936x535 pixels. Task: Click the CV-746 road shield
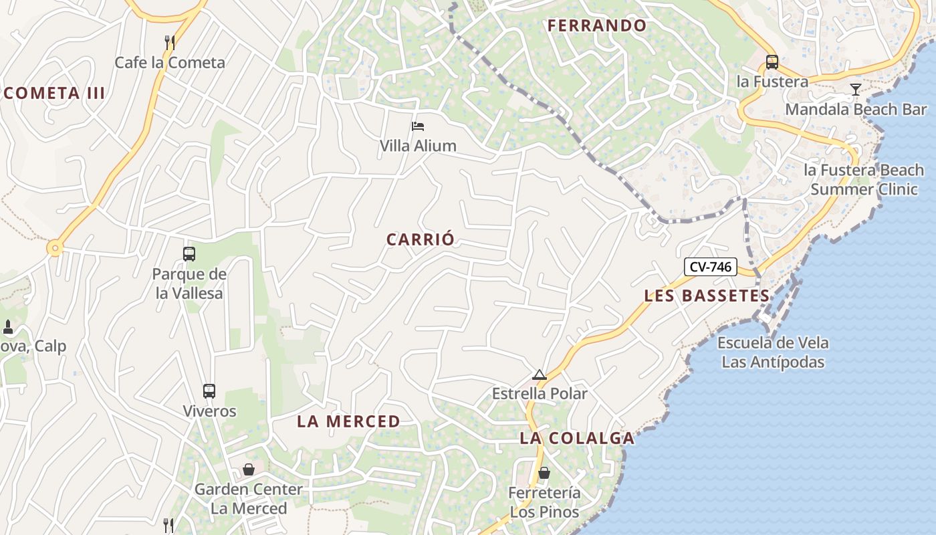click(x=710, y=267)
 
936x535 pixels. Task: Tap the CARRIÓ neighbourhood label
click(x=421, y=239)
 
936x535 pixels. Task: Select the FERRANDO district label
click(x=597, y=26)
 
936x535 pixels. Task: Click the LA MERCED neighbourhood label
click(x=348, y=421)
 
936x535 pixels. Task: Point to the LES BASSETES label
click(x=707, y=296)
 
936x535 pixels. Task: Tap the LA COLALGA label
click(x=577, y=439)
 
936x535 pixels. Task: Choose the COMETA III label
click(x=54, y=93)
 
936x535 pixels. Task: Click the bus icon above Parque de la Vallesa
click(x=189, y=254)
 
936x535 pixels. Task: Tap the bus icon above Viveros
click(x=209, y=391)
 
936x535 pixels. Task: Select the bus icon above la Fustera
click(x=772, y=62)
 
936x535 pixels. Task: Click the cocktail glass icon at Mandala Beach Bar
click(x=856, y=90)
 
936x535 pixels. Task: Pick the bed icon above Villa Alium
click(x=418, y=126)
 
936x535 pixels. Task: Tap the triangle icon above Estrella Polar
click(x=540, y=375)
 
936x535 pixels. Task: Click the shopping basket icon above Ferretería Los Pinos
click(x=544, y=473)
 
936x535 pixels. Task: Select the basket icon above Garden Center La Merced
click(x=249, y=469)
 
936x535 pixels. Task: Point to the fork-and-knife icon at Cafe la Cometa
click(x=170, y=43)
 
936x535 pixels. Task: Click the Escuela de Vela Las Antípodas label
click(x=773, y=352)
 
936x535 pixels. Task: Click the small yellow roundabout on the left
click(x=55, y=249)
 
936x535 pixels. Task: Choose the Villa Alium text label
click(x=418, y=145)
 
